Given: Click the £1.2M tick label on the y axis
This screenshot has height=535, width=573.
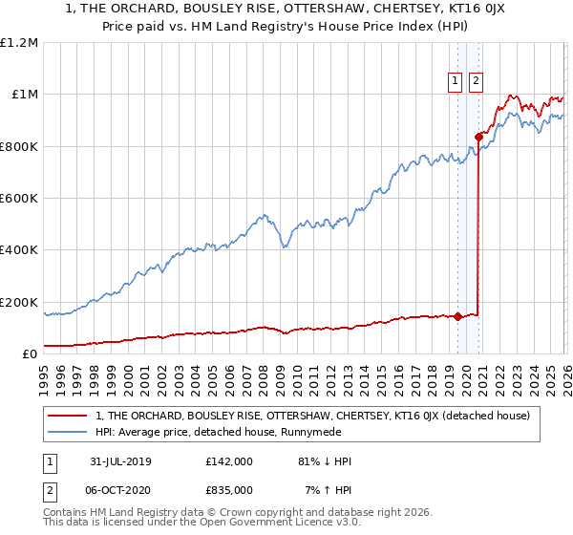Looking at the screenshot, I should click(x=19, y=43).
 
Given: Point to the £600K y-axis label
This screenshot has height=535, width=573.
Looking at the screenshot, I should click(x=19, y=199).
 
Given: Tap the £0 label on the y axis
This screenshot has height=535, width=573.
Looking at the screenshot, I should click(x=30, y=354).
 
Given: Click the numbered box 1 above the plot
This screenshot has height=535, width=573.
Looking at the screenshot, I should click(x=456, y=82).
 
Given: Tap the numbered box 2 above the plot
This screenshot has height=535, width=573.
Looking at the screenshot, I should click(x=476, y=82).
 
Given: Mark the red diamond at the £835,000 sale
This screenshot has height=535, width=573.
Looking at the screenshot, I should click(x=477, y=137).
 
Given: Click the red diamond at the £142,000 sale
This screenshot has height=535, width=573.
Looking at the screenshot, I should click(x=457, y=316).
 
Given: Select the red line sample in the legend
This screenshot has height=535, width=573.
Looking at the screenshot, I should click(x=69, y=415).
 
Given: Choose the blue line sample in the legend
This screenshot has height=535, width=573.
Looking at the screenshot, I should click(x=69, y=431).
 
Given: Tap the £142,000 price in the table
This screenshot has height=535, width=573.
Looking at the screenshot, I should click(x=229, y=461).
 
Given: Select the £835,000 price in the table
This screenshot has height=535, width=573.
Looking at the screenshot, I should click(x=229, y=489).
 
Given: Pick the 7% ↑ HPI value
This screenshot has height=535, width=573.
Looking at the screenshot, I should click(x=327, y=489).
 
